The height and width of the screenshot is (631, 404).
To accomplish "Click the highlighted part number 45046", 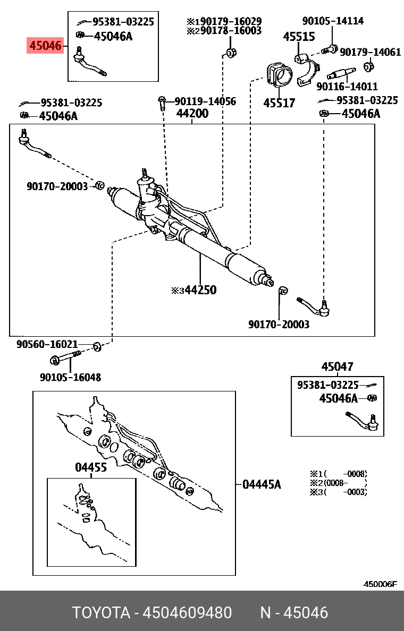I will tap(45, 47).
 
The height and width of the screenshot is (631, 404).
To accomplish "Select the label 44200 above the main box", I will tap(192, 114).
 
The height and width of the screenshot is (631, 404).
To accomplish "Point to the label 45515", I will tap(299, 37).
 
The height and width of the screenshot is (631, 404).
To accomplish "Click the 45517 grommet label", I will tap(279, 103).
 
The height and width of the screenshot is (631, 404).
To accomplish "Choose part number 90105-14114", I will tap(333, 21).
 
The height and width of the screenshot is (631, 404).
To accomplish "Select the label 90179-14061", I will tap(370, 52).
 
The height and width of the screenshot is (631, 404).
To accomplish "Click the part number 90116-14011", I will tap(347, 86).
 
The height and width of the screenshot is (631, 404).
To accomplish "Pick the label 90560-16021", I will tap(47, 344).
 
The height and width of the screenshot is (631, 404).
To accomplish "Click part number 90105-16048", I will tap(70, 378).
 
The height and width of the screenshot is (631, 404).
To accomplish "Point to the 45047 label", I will tap(337, 367).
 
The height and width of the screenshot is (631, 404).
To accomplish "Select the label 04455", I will tap(91, 467).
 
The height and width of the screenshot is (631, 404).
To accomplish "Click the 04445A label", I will tap(262, 484).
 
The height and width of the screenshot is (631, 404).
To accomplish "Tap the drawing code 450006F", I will tap(380, 584).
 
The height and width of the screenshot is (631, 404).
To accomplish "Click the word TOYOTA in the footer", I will tap(101, 613).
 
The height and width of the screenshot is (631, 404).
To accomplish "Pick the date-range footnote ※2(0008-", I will tap(338, 483).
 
